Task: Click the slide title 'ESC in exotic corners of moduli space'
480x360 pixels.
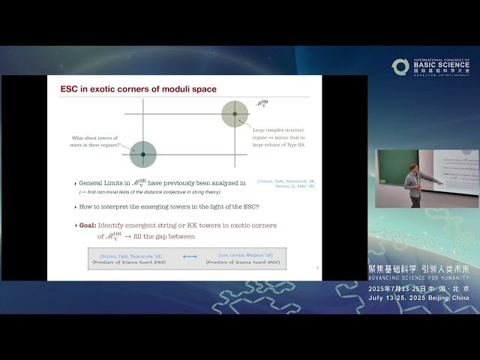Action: (138, 89)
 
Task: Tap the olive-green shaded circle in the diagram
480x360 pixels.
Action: (235, 114)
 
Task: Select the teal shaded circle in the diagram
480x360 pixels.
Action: (142, 154)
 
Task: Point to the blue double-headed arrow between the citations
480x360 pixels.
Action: (190, 256)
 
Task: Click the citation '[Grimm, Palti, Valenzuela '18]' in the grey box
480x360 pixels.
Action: (129, 256)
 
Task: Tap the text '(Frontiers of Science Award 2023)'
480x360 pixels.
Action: (129, 263)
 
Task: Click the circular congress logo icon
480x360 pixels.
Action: (400, 67)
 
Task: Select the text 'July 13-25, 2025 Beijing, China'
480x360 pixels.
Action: (419, 297)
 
